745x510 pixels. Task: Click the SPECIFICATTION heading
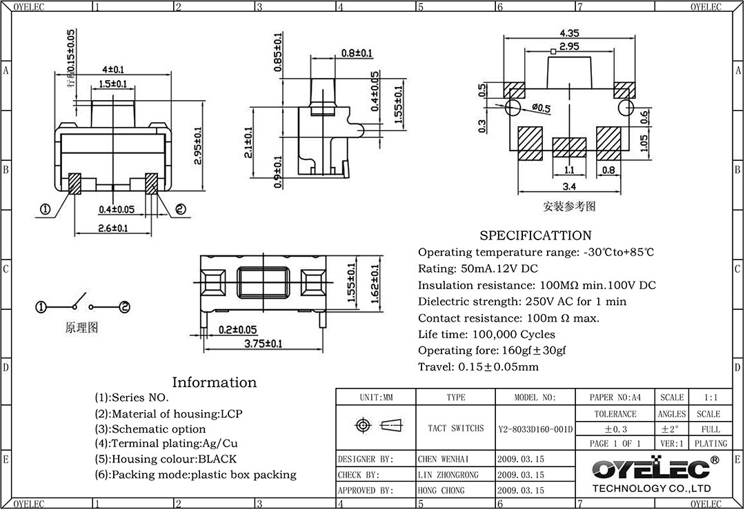535,235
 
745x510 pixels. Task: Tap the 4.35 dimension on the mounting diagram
569,33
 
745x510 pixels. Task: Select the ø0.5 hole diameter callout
542,108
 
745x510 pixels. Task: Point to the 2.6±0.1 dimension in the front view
112,227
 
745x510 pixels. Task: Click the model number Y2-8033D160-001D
535,429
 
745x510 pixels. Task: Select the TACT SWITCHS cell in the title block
456,429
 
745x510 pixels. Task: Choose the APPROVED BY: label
366,491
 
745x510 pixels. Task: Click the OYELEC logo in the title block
652,469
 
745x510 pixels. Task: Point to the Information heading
214,382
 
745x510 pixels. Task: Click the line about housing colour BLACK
166,459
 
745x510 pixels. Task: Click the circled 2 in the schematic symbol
125,307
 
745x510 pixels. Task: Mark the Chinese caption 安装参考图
569,206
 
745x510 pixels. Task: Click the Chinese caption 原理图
81,328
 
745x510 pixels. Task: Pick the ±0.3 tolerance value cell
615,429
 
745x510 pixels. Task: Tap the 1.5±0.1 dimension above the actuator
112,84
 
